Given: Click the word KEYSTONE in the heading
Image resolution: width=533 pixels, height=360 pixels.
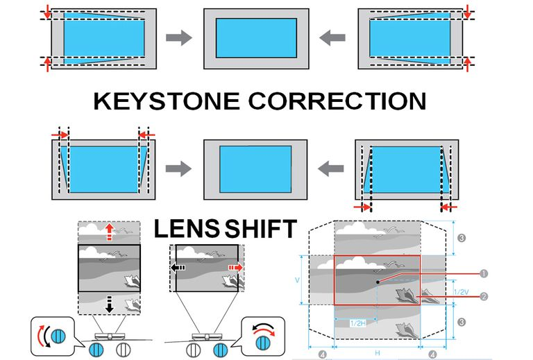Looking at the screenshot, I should click(164, 101).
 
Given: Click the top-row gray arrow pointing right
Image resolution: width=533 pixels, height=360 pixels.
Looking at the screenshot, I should click(180, 38).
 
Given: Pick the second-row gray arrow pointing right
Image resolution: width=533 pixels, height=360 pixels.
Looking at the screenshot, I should click(180, 167).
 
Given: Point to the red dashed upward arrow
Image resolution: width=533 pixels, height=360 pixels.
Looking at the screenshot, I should click(109, 233).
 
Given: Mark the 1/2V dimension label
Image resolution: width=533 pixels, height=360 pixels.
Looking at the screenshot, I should click(459, 293).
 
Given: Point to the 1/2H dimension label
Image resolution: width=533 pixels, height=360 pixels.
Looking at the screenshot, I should click(357, 323).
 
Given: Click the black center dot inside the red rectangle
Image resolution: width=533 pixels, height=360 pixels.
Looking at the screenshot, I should click(377, 281).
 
